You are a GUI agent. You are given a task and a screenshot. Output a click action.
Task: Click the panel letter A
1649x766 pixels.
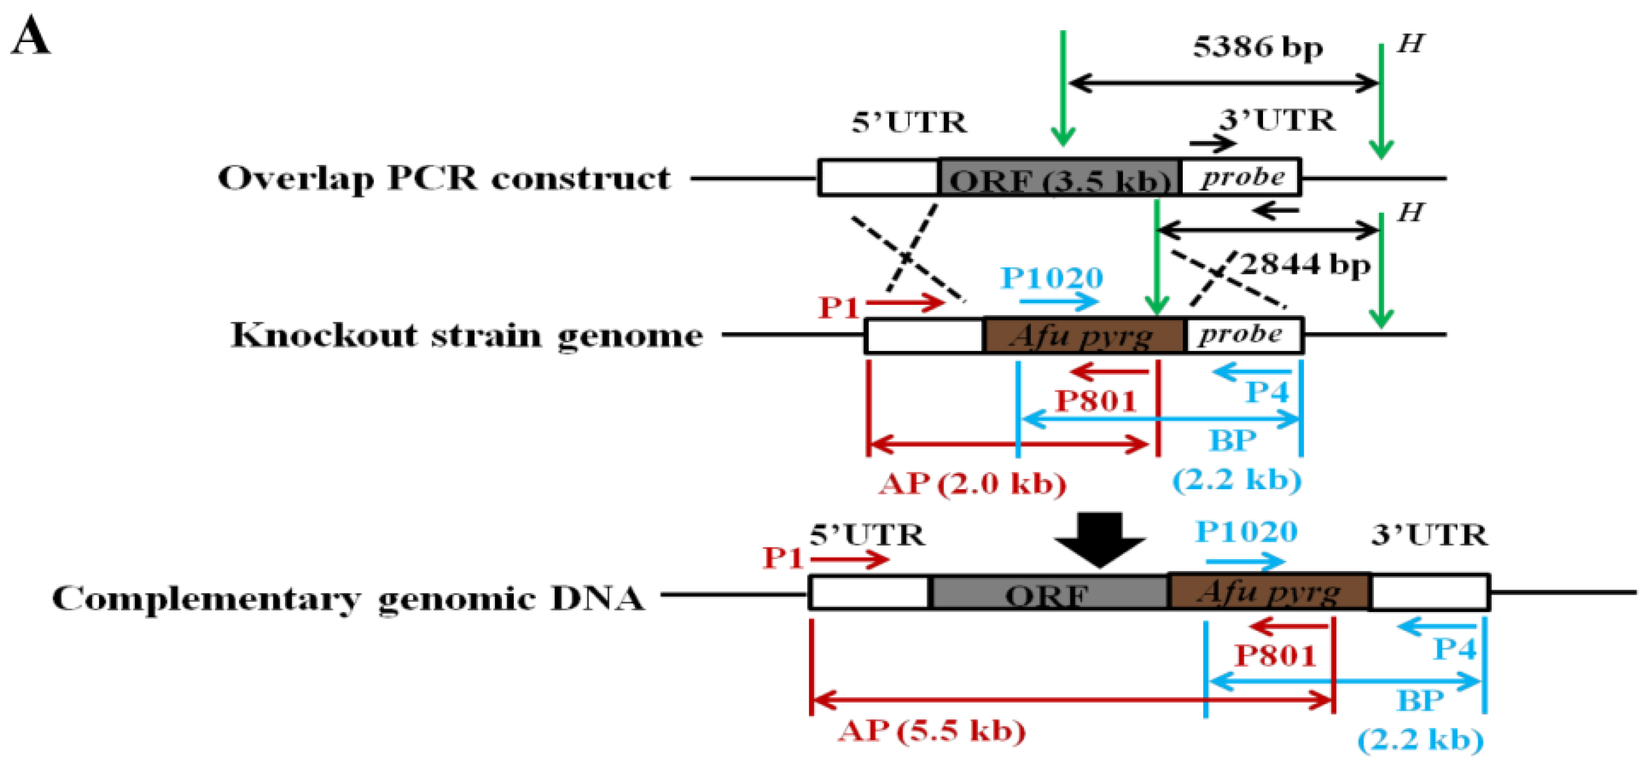[x=30, y=37]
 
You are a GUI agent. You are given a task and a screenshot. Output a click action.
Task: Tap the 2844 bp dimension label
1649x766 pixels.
[x=1306, y=264]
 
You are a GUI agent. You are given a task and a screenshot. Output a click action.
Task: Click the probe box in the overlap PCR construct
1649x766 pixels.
[x=1241, y=177]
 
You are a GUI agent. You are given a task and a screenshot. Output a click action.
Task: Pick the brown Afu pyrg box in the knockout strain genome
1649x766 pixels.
[x=1084, y=335]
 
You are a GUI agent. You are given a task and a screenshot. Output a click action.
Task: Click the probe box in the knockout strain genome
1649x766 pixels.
[x=1244, y=335]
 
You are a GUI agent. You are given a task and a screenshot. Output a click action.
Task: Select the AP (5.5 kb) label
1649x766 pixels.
[x=932, y=731]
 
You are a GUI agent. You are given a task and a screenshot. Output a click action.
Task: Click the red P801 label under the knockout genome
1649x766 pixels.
[x=1095, y=401]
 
